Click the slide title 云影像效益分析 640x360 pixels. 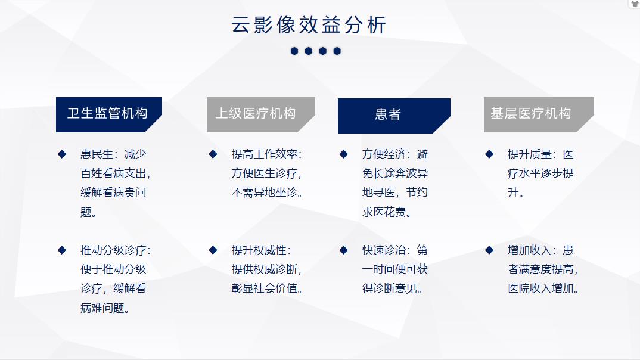coord(309,25)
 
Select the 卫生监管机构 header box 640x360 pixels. coord(108,114)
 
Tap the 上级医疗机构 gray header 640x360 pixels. coord(260,114)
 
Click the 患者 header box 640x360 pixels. coord(393,116)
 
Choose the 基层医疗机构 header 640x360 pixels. coord(538,114)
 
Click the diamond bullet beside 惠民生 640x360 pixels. coord(61,154)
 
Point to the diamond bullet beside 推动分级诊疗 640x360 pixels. coord(61,250)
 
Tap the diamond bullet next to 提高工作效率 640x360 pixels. coord(213,154)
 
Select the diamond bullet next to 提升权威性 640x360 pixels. coord(213,250)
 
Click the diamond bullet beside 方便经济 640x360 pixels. coord(343,154)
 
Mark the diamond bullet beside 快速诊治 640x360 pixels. coord(343,250)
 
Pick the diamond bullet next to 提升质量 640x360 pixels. coord(489,154)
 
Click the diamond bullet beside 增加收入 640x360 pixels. coord(489,250)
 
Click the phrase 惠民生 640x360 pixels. coord(97,154)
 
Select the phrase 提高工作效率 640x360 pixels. coord(264,154)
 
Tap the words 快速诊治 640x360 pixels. coord(384,250)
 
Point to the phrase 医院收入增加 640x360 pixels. coord(540,288)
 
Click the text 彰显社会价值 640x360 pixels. coord(264,288)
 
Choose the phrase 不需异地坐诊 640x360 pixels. coord(264,193)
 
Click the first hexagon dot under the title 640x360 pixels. coord(294,51)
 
